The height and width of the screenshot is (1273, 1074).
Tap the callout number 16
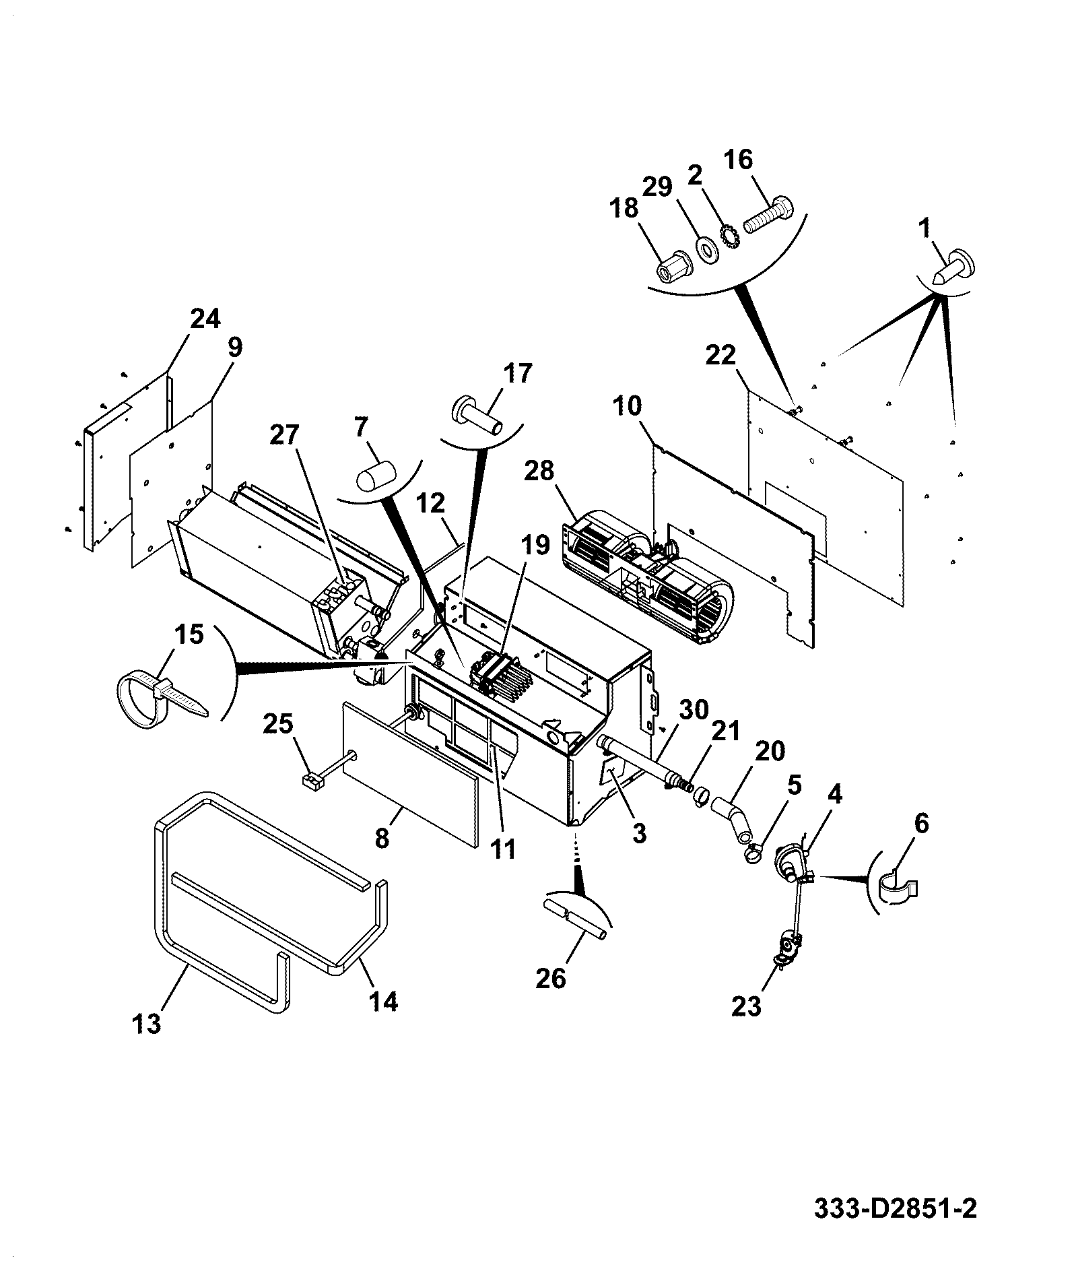tap(739, 160)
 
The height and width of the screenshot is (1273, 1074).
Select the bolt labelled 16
tap(768, 214)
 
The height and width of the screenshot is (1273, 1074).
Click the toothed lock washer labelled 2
tap(730, 236)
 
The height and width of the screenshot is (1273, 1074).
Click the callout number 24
tap(205, 319)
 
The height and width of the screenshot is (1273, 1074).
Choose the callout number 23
tap(746, 1025)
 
